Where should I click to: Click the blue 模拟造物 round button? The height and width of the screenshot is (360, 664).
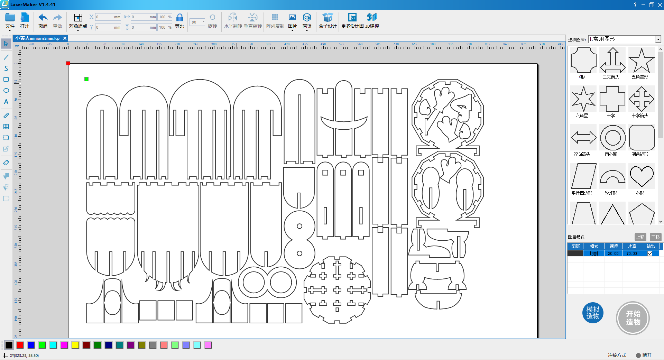coord(593,313)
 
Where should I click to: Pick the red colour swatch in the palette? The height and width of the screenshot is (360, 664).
coord(20,345)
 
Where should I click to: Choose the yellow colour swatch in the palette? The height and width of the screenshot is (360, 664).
coord(75,345)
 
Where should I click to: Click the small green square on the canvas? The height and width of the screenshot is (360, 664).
coord(86,79)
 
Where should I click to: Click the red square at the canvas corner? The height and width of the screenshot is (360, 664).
coord(68,63)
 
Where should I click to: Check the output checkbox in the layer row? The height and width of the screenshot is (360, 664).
coord(650,253)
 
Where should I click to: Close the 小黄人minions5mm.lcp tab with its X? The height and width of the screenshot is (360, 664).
coord(65,38)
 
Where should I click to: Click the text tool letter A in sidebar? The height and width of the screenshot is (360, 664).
coord(6,102)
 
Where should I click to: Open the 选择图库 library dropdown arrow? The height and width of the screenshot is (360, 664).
coord(658,39)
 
